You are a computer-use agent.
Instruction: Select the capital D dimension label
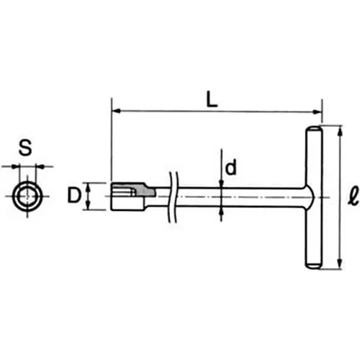[73, 196]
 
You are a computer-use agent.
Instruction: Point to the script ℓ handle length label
[348, 196]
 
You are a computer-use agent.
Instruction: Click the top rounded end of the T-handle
[316, 130]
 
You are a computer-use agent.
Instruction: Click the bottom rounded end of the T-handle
[316, 264]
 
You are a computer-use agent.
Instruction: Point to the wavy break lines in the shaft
[171, 196]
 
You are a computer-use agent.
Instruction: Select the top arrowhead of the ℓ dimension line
[336, 129]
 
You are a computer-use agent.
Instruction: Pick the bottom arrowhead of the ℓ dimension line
[336, 266]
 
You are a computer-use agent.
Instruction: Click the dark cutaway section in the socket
[144, 192]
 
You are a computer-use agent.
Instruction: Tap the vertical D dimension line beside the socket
[89, 196]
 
